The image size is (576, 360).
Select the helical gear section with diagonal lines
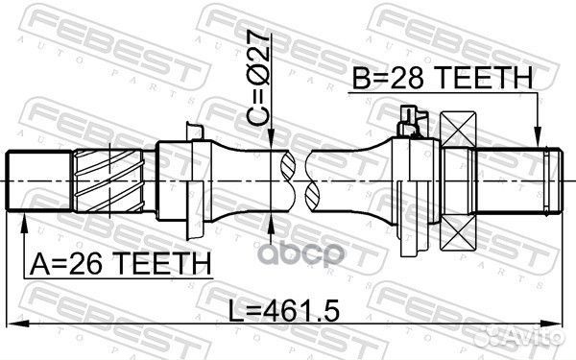coord(112,181)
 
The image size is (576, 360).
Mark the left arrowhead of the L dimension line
coord(13,324)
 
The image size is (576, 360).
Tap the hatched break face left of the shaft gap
coord(287,181)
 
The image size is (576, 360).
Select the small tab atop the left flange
coord(196,132)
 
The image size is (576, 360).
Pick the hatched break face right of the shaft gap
coord(313,181)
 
